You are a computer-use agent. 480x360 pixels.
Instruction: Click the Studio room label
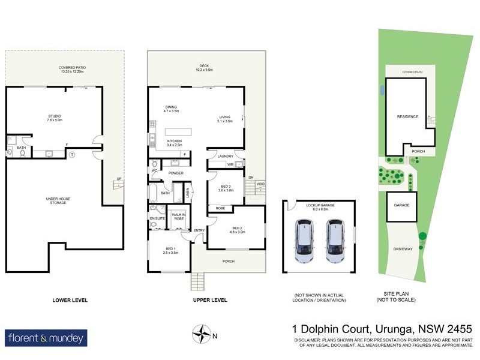[x=55, y=117]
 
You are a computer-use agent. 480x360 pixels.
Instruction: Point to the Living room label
[x=225, y=118]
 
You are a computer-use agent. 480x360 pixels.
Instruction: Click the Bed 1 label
[x=170, y=250]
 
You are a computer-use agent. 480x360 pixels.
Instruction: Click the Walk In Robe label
[x=178, y=217]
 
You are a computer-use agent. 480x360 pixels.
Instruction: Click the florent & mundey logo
[x=46, y=338]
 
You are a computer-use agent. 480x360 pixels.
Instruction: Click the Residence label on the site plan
[x=407, y=116]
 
